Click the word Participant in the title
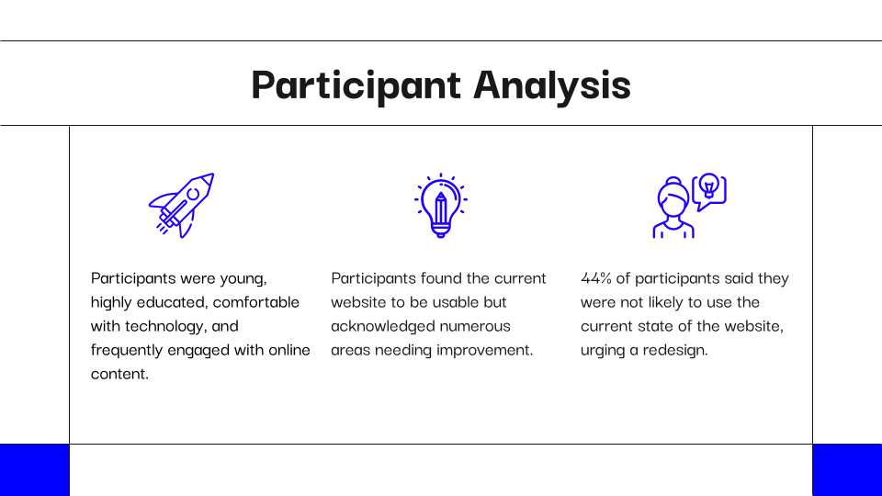tap(356, 85)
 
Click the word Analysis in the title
tap(552, 85)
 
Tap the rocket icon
tap(182, 205)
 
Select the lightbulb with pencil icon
tap(441, 205)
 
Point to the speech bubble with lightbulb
tap(709, 191)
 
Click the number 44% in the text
tap(595, 277)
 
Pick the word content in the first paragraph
tap(119, 374)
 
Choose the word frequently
tap(127, 350)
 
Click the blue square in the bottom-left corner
tap(34, 470)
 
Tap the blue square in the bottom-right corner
tap(848, 470)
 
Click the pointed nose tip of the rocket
tap(213, 174)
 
